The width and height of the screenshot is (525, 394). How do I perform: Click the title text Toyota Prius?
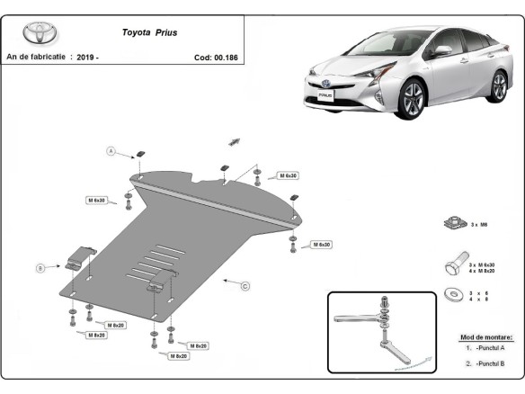(149, 31)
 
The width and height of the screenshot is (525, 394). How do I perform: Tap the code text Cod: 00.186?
(217, 57)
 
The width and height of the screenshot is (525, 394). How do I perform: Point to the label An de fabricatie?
(36, 57)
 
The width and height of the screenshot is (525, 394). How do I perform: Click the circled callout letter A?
(112, 150)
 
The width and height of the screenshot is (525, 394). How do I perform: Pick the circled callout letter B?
(40, 267)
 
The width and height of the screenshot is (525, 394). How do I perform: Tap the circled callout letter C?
(244, 285)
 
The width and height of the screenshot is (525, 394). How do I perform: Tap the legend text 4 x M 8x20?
(482, 271)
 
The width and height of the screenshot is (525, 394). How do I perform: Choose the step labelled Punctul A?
(491, 347)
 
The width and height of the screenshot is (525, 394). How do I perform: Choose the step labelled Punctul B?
(491, 363)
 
